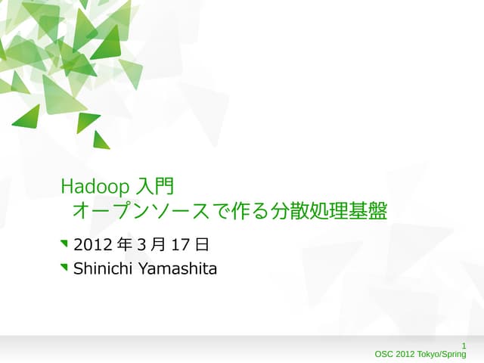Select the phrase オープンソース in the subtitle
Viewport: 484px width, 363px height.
click(140, 211)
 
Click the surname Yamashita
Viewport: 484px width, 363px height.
click(177, 268)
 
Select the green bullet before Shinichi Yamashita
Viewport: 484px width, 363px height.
click(64, 267)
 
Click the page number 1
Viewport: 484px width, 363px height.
click(463, 346)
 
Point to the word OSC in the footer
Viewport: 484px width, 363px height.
click(385, 354)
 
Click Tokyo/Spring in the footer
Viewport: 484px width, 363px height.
click(442, 354)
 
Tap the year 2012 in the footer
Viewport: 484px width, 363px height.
click(407, 354)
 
